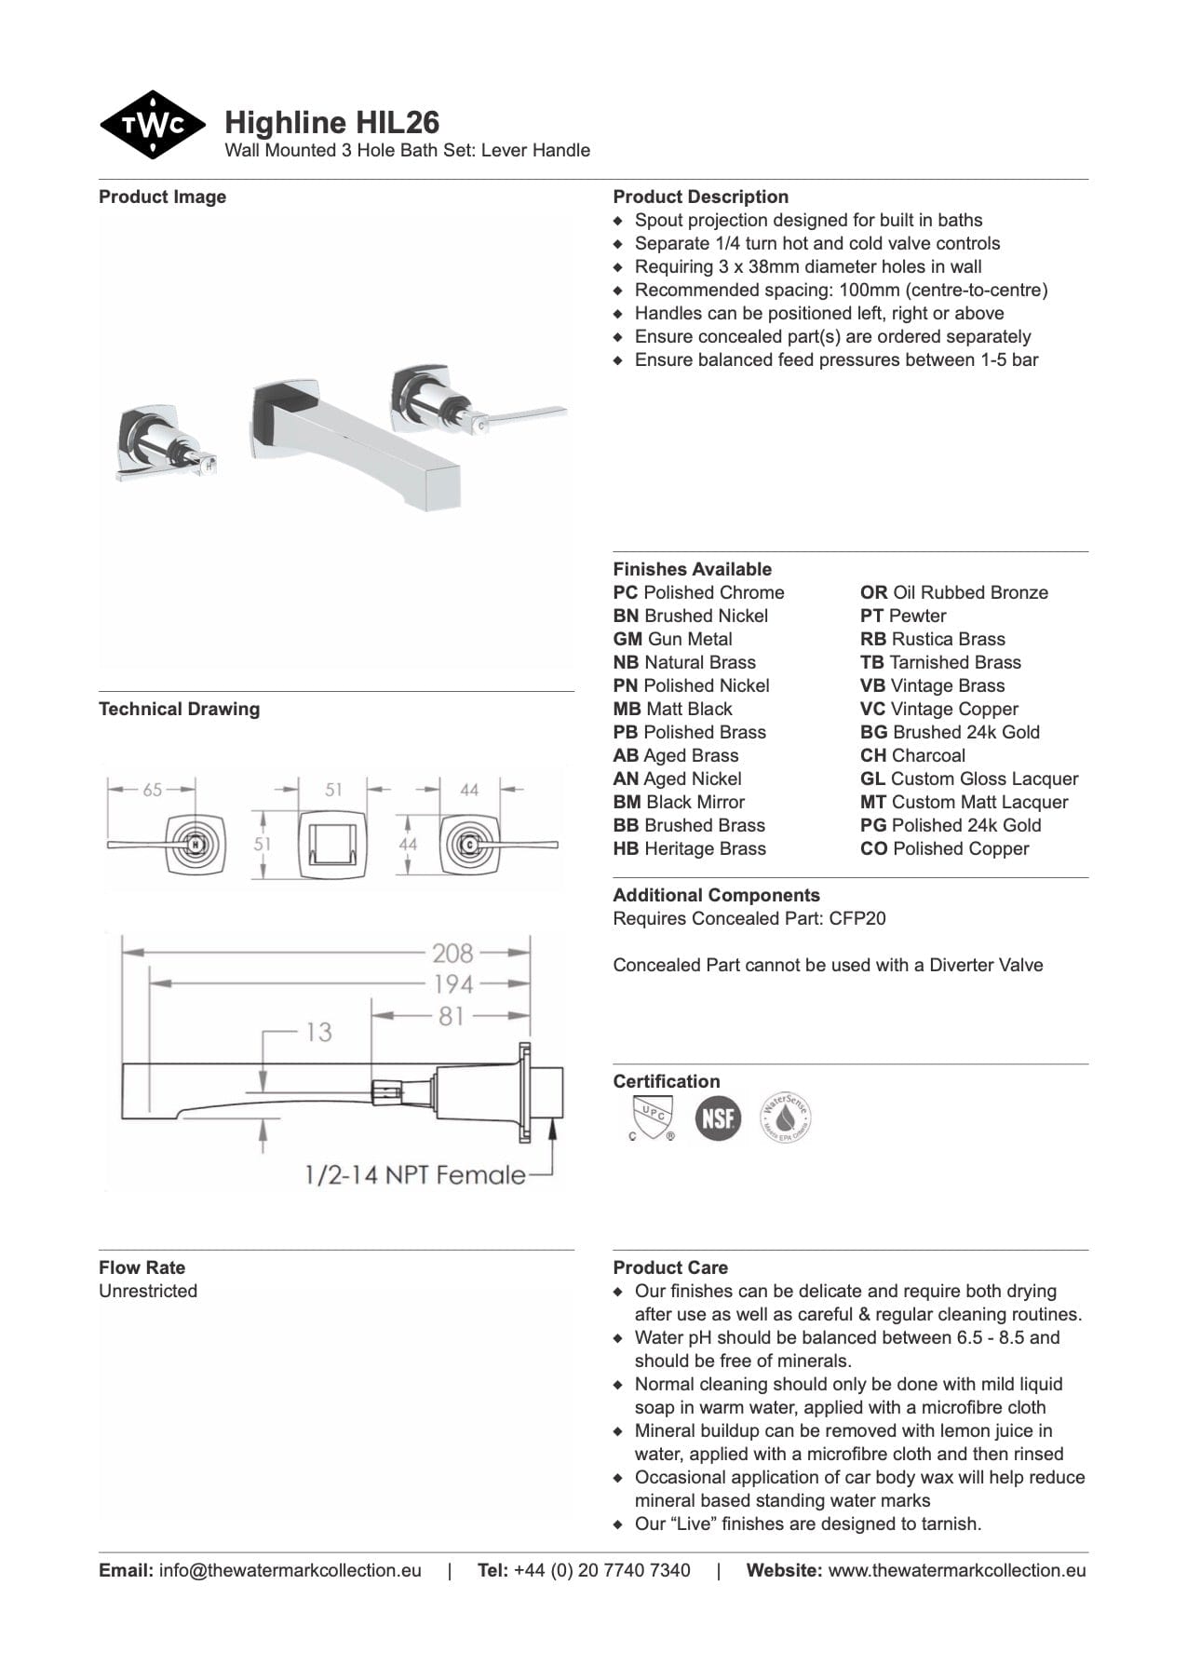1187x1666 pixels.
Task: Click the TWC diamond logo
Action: pyautogui.click(x=153, y=125)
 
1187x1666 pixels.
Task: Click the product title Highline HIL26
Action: pyautogui.click(x=331, y=123)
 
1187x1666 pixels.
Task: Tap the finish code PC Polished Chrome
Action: pyautogui.click(x=698, y=592)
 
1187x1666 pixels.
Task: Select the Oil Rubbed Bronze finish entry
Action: pyautogui.click(x=953, y=592)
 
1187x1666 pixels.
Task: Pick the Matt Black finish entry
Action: pyautogui.click(x=672, y=709)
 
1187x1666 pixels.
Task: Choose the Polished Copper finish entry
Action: pyautogui.click(x=944, y=848)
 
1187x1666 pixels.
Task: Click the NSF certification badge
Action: pyautogui.click(x=718, y=1117)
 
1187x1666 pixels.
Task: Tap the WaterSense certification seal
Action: pyautogui.click(x=786, y=1117)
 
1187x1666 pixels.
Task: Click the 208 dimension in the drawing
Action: pyautogui.click(x=452, y=953)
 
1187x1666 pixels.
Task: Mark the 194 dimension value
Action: pyautogui.click(x=453, y=983)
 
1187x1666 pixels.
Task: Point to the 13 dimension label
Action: pyautogui.click(x=318, y=1032)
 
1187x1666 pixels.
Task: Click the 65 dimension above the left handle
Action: pyautogui.click(x=152, y=790)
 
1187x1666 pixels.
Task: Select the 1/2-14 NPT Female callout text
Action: pyautogui.click(x=414, y=1175)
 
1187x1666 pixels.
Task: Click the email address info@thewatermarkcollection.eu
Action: pyautogui.click(x=290, y=1570)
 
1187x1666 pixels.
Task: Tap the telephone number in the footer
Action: pyautogui.click(x=601, y=1570)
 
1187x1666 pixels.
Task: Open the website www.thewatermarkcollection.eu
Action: pyautogui.click(x=956, y=1570)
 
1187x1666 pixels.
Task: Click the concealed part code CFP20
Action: pyautogui.click(x=857, y=918)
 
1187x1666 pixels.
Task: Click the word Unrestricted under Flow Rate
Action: pyautogui.click(x=148, y=1291)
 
